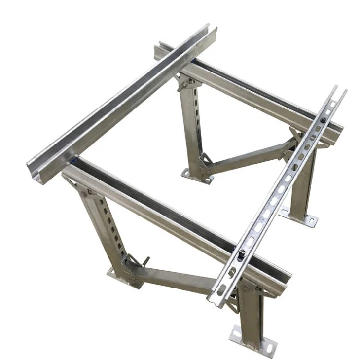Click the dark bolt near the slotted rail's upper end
tap(322, 120)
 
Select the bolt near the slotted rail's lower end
tap(242, 254)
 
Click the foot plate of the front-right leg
tap(250, 341)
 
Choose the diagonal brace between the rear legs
tap(247, 157)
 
